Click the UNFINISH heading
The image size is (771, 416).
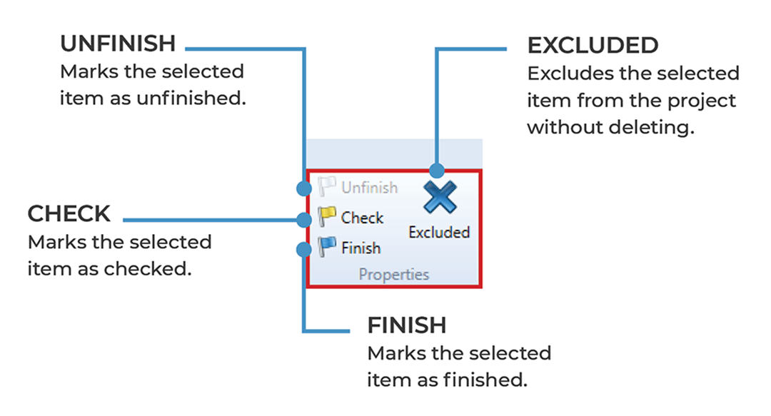click(x=118, y=44)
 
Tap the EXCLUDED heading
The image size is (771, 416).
click(x=593, y=46)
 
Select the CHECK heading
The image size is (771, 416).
click(x=69, y=214)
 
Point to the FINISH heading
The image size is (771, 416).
click(x=407, y=325)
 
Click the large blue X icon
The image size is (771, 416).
click(x=439, y=197)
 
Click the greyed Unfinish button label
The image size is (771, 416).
click(x=369, y=188)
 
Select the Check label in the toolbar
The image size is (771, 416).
click(x=362, y=218)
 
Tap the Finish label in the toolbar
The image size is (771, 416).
click(x=361, y=248)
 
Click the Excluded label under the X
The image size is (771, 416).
click(x=439, y=233)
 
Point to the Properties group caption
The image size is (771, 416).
click(x=394, y=274)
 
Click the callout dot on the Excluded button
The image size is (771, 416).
click(x=437, y=171)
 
